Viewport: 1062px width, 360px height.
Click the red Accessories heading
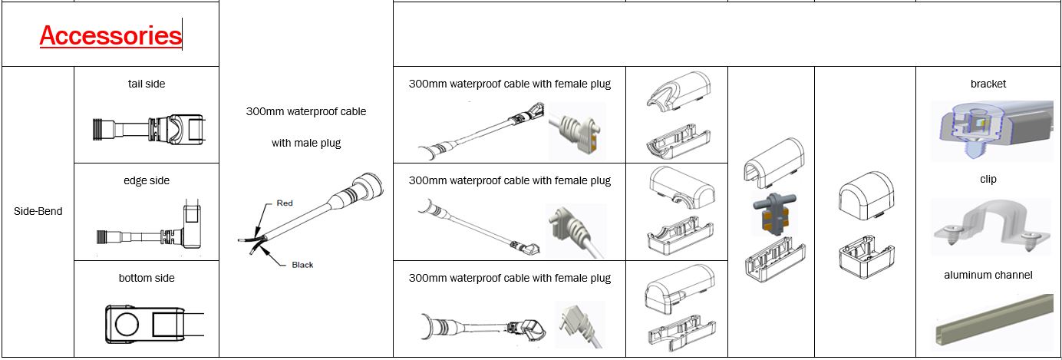point(110,35)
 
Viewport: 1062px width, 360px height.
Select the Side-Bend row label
point(38,211)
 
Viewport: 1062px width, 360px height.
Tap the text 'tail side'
point(146,84)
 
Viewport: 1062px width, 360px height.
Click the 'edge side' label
point(146,180)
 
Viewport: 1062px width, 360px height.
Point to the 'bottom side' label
point(146,278)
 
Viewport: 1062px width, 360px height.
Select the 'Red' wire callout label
point(284,203)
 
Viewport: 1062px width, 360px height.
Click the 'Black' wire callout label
point(302,265)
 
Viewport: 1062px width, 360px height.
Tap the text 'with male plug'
point(305,143)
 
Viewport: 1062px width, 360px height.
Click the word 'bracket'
point(988,84)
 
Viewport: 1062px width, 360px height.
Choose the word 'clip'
point(988,179)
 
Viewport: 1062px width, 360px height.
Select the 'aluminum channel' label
point(988,275)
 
